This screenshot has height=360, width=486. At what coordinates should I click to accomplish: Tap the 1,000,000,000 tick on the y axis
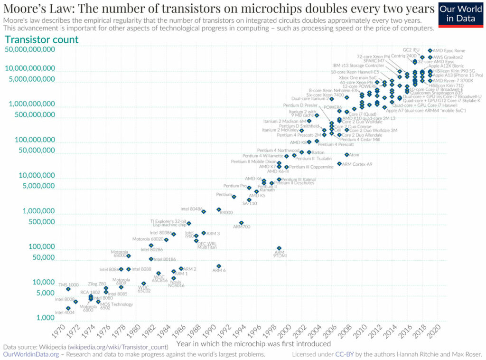click(x=29, y=104)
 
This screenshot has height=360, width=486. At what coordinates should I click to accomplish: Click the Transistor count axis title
click(x=41, y=39)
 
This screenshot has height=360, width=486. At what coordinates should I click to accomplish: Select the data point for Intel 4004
click(x=68, y=308)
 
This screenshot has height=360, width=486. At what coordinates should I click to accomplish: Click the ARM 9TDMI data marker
click(x=279, y=248)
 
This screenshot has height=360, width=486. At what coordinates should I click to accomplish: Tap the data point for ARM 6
click(x=219, y=266)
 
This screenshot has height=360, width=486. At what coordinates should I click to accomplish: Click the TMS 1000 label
click(x=68, y=284)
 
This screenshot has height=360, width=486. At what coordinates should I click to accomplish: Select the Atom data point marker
click(x=346, y=155)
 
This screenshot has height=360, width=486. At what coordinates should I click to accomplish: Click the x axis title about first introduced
click(x=253, y=343)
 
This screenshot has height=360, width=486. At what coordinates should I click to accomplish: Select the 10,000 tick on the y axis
click(x=37, y=282)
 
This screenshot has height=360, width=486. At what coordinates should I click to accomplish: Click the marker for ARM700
click(x=241, y=222)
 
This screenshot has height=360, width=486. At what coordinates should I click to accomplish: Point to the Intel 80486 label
click(x=191, y=209)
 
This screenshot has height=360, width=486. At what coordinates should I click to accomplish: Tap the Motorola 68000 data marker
click(x=128, y=256)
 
